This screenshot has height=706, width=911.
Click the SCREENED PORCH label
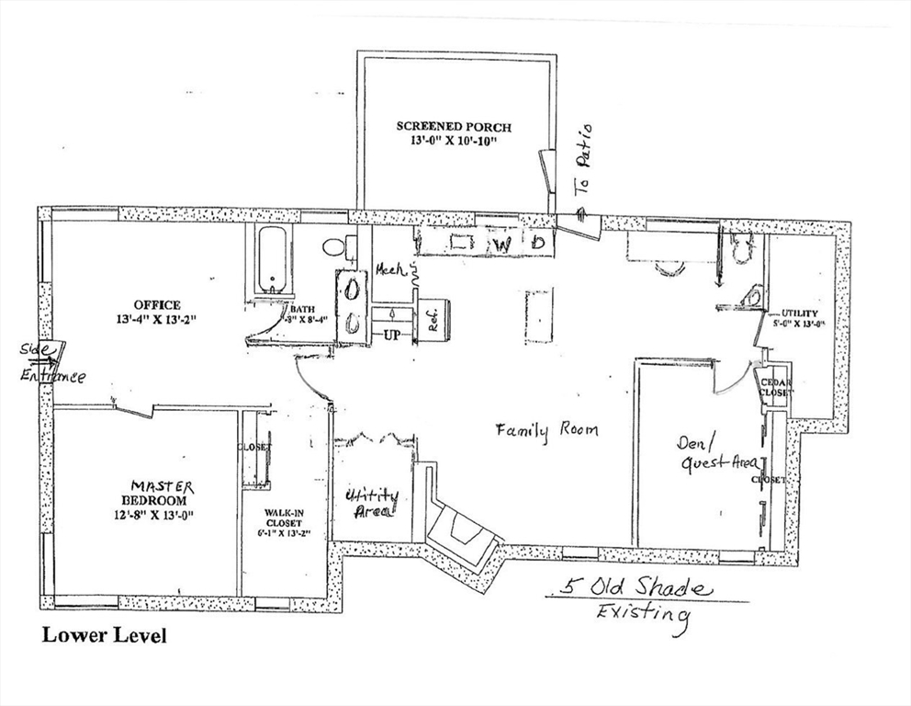(454, 134)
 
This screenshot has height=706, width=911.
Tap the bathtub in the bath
(272, 260)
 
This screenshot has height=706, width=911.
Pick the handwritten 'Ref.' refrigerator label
(429, 321)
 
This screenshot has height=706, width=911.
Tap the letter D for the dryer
(539, 243)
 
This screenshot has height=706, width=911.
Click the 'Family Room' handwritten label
(547, 430)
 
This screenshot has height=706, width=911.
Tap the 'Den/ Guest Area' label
(716, 454)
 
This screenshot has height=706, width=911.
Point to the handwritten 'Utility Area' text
(372, 504)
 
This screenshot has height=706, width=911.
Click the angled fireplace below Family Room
(464, 536)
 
